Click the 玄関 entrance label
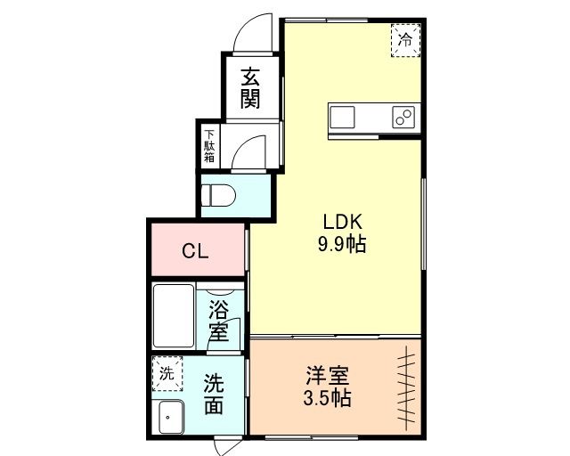pos(250,87)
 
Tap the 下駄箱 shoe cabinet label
pos(209,146)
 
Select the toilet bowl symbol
pos(218,195)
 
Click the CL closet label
pos(195,250)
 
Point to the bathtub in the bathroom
pos(174,315)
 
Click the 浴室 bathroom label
pos(219,321)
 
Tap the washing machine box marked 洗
pos(167,373)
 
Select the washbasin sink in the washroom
pos(172,418)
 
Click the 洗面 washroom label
pos(214,395)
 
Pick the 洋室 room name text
pos(328,376)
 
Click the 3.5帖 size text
pos(327,398)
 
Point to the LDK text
pos(342,222)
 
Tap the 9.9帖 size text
pos(342,244)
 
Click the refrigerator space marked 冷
pos(406,40)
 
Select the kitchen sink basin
pos(342,117)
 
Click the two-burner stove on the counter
pos(403,117)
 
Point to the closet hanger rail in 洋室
pos(406,387)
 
